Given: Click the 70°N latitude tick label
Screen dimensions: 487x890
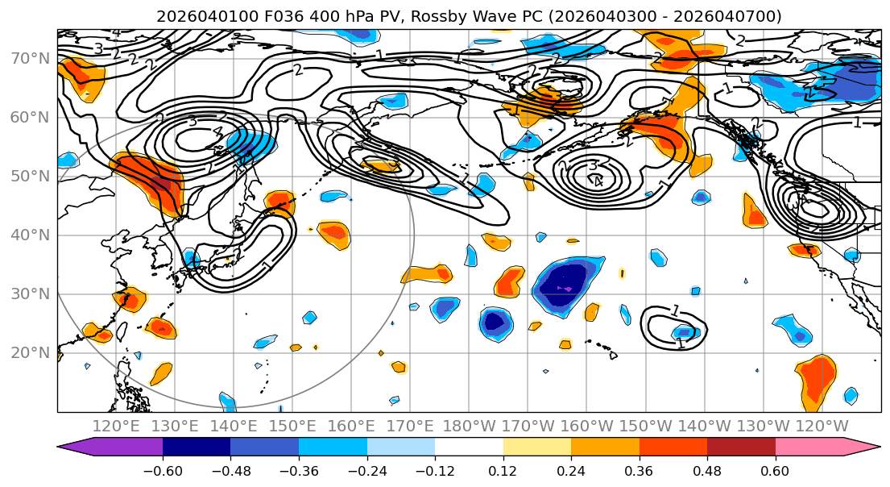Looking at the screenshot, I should pyautogui.click(x=29, y=58).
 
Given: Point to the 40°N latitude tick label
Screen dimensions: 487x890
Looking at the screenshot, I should pyautogui.click(x=29, y=235).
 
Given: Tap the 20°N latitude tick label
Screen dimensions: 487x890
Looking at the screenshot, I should pyautogui.click(x=29, y=353).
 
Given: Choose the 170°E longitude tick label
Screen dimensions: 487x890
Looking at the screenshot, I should pyautogui.click(x=410, y=426).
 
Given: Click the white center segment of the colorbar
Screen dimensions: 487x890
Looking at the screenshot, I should pyautogui.click(x=469, y=447).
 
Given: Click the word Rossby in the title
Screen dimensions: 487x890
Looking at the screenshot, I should pyautogui.click(x=470, y=16).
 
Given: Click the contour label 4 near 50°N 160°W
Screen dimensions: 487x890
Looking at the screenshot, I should pyautogui.click(x=598, y=181).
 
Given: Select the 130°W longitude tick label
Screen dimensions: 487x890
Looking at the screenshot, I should pyautogui.click(x=761, y=426).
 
